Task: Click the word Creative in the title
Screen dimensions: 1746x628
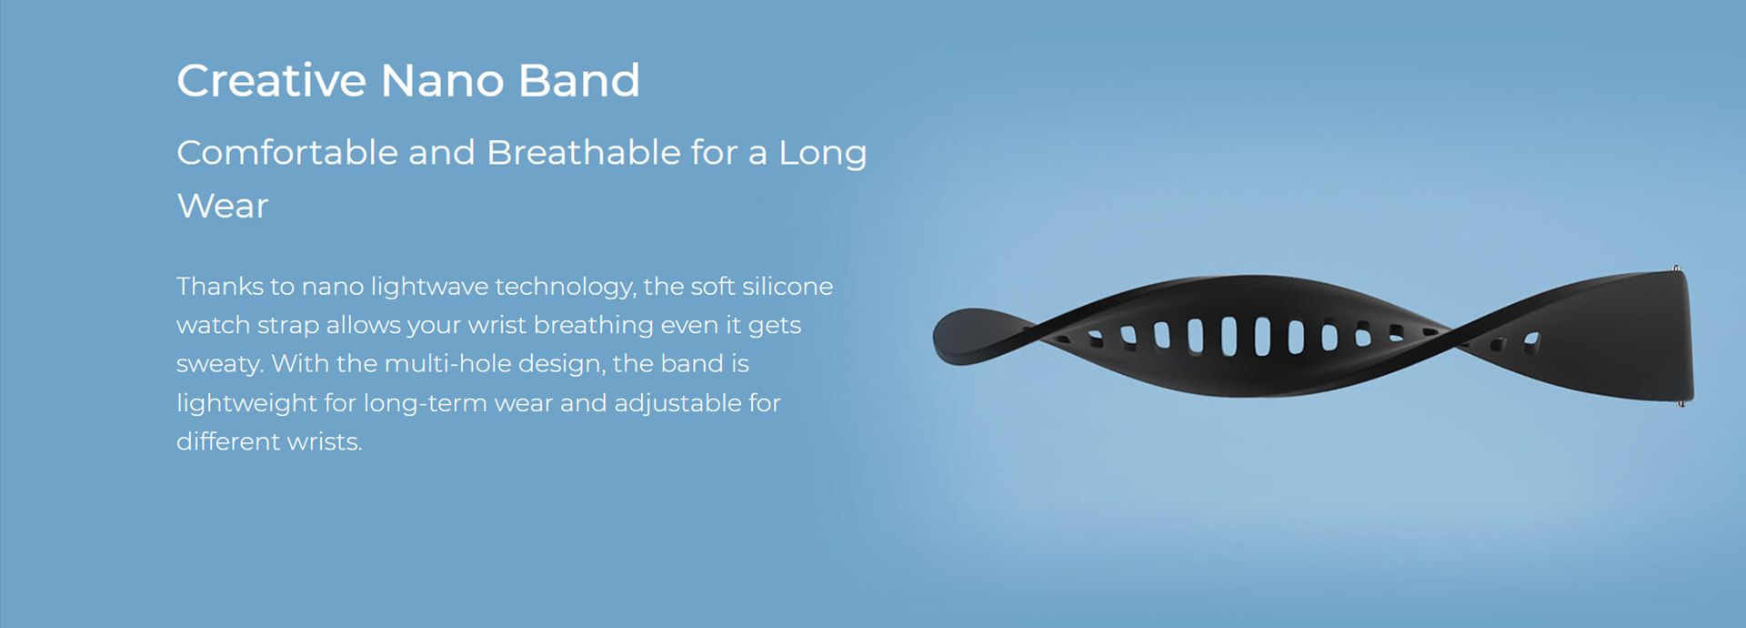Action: [271, 80]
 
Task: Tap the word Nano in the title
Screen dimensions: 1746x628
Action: [442, 80]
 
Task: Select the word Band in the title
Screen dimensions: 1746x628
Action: [579, 80]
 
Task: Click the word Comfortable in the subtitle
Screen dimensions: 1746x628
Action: [287, 152]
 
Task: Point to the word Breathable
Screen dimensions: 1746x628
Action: [583, 152]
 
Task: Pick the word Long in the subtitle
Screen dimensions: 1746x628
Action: [822, 154]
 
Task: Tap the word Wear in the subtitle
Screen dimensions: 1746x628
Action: [222, 206]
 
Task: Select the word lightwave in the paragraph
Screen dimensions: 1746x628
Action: [429, 287]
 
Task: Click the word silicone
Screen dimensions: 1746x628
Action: [788, 286]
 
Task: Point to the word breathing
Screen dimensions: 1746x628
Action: [593, 326]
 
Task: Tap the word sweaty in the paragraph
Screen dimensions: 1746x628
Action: [219, 364]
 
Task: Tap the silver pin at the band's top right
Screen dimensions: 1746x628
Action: [1676, 269]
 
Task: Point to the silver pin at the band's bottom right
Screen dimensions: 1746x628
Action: [1681, 401]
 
